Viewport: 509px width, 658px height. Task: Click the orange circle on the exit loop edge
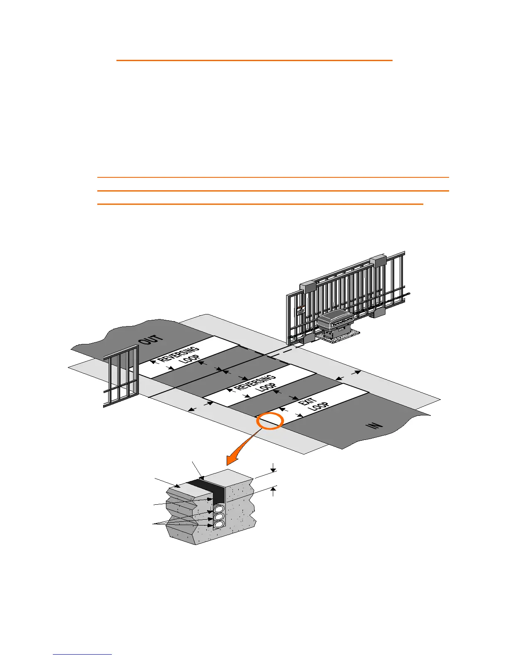tap(270, 421)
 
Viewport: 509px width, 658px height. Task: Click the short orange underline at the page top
tap(254, 60)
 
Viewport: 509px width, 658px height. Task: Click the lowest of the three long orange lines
tap(260, 204)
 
